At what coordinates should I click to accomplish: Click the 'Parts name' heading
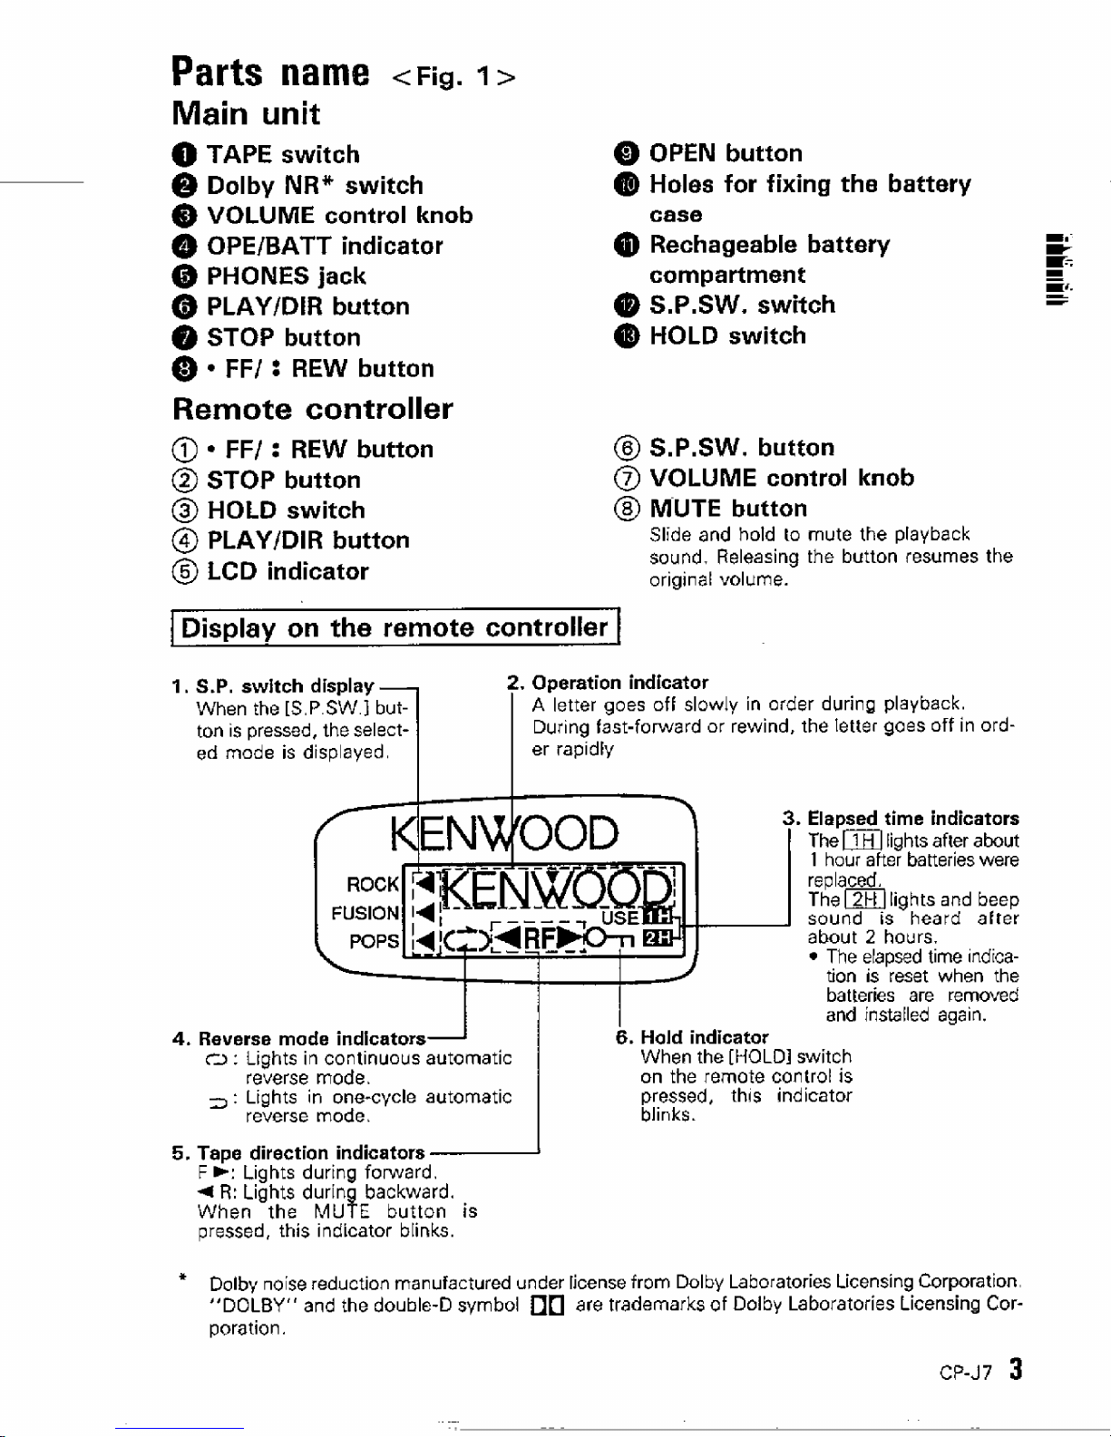(270, 73)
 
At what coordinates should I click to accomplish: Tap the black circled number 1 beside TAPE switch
(184, 155)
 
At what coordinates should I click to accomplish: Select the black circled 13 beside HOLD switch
(627, 336)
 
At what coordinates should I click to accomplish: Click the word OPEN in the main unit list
(682, 153)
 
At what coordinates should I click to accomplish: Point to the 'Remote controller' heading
(313, 409)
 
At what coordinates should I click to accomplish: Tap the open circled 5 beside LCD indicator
(184, 571)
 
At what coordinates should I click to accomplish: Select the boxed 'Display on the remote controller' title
(395, 626)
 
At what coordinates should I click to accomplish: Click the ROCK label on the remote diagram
(373, 884)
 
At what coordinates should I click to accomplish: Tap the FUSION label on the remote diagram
(365, 913)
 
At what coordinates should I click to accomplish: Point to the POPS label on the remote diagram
(374, 941)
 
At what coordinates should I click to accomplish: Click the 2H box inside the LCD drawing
(658, 937)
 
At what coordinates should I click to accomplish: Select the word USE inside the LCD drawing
(619, 918)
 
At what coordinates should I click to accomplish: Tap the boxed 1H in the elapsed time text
(862, 840)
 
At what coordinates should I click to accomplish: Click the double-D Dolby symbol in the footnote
(548, 1306)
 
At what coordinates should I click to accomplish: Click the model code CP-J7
(966, 1373)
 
